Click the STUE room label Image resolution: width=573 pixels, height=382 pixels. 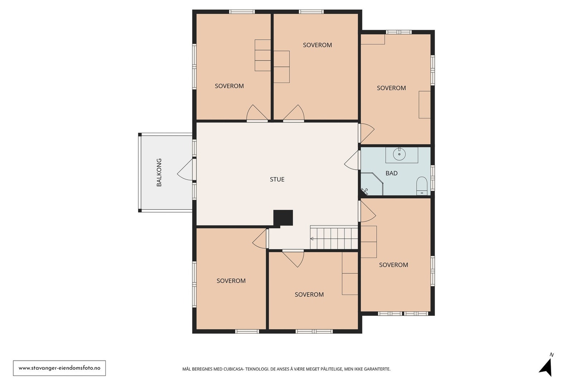point(277,179)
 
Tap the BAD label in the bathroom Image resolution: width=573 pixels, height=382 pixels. point(391,173)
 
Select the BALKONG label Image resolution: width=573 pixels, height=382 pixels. point(159,172)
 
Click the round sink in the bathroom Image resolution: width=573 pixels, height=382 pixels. point(399,154)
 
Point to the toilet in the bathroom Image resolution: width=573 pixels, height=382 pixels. point(422,186)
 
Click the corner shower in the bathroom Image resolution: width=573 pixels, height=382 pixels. point(372,184)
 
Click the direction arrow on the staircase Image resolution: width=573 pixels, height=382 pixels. point(312,239)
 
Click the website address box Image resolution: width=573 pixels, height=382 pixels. point(59,368)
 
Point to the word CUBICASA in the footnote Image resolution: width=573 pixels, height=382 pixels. point(233,369)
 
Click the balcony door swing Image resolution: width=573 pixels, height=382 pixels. point(185,169)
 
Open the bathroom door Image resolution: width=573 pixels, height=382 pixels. point(352,160)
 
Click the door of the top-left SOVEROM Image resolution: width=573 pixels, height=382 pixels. point(257,113)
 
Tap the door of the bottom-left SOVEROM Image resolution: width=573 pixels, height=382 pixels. point(260,238)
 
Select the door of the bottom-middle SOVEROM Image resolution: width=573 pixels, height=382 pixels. point(293,259)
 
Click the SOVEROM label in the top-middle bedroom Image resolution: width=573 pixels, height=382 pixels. point(317,45)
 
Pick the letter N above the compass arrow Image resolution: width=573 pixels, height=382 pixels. point(552,355)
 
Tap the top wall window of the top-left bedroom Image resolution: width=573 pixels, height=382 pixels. point(242,11)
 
